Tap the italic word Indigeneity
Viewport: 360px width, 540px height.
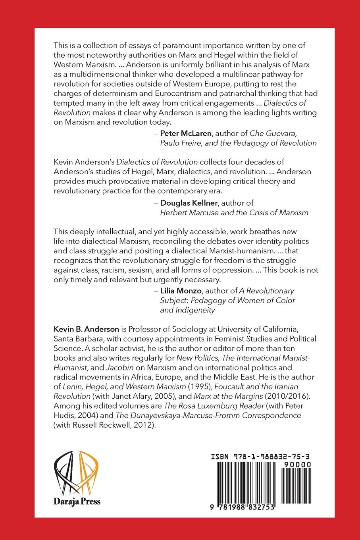point(187,310)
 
